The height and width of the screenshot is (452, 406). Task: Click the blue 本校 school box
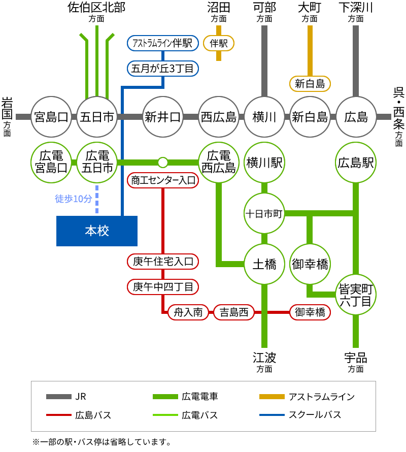[x=96, y=231]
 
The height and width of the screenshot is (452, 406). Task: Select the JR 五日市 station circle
[x=97, y=117]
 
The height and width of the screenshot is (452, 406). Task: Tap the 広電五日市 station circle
[x=97, y=162]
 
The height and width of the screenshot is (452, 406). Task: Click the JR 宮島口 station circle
[x=51, y=117]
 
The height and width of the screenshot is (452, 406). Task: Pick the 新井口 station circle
[x=163, y=117]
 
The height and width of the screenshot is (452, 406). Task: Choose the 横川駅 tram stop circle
[x=264, y=163]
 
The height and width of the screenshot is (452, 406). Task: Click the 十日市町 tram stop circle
[x=264, y=213]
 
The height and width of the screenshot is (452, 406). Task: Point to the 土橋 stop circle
[x=264, y=264]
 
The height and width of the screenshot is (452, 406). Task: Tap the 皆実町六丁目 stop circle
[x=356, y=295]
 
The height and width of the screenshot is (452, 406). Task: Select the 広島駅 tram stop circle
[x=356, y=163]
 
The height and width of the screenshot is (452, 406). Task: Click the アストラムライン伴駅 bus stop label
[x=162, y=43]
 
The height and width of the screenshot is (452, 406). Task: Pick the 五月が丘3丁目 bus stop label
[x=162, y=68]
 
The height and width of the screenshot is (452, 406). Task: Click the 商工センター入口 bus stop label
[x=162, y=180]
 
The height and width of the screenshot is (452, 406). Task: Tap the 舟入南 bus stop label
[x=188, y=312]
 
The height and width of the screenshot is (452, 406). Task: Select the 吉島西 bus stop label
[x=233, y=312]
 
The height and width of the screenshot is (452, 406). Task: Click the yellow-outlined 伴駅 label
[x=219, y=43]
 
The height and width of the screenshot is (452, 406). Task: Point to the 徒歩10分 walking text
[x=74, y=199]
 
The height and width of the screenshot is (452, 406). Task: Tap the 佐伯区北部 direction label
[x=96, y=8]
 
